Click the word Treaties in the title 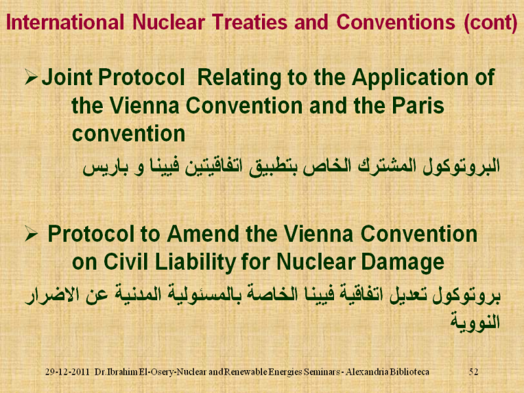250,22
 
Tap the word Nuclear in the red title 169,22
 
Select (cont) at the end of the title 491,23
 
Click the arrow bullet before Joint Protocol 31,77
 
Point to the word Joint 67,77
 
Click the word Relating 239,78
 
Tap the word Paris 418,105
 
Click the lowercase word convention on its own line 128,134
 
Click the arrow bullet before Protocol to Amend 31,234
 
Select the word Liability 195,263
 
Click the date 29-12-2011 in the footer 67,371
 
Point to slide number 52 473,371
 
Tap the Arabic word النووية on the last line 475,322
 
